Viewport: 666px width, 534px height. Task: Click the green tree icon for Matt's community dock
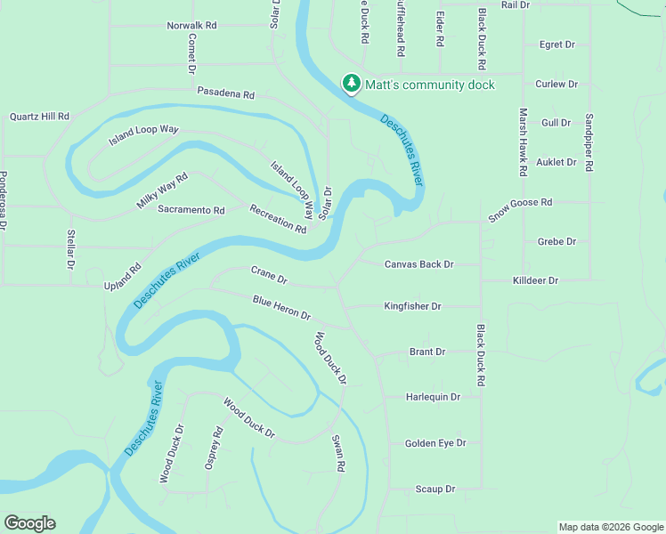352,84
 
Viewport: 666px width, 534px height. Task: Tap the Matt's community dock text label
430,85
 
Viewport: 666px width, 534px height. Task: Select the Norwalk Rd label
191,26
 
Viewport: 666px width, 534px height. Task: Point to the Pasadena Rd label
226,93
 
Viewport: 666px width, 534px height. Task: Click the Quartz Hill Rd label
39,117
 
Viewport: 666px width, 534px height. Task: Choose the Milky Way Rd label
162,191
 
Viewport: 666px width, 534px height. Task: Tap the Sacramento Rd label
191,210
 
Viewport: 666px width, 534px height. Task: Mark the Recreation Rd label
278,218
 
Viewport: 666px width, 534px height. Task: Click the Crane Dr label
269,274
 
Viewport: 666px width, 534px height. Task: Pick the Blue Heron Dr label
280,308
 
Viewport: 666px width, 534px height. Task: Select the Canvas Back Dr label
418,264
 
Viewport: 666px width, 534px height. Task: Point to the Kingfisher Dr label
412,306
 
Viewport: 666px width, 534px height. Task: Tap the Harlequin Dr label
433,397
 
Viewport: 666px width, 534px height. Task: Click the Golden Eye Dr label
435,443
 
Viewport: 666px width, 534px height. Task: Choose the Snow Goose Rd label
520,210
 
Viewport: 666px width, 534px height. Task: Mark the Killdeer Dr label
535,280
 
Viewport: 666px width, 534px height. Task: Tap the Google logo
29,523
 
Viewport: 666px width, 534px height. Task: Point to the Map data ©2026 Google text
610,527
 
